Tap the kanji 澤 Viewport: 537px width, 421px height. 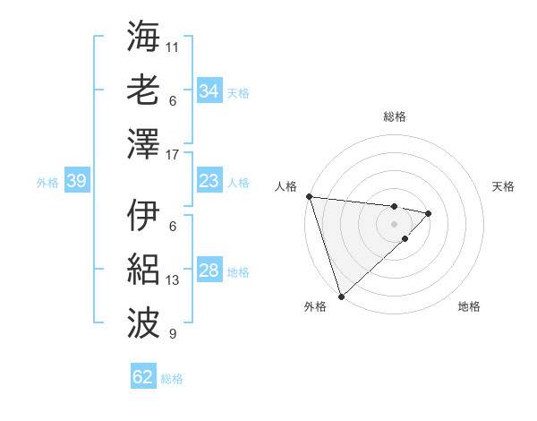point(143,142)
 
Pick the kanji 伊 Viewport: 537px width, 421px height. point(143,216)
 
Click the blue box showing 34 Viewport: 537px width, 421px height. point(209,90)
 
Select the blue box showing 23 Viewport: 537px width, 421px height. point(209,181)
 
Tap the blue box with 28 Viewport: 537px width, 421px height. point(209,271)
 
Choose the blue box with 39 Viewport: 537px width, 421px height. point(76,181)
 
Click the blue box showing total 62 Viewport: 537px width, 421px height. point(143,377)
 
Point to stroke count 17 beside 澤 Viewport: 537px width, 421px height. point(173,155)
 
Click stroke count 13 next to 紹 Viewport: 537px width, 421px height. point(173,280)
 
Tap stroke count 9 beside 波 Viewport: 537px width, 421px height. point(173,334)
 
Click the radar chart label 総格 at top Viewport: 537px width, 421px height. point(394,116)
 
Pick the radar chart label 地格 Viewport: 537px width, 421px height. point(469,307)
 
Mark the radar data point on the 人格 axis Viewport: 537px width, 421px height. point(309,196)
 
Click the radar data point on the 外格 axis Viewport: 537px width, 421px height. point(341,296)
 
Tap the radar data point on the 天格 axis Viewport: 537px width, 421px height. point(429,213)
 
